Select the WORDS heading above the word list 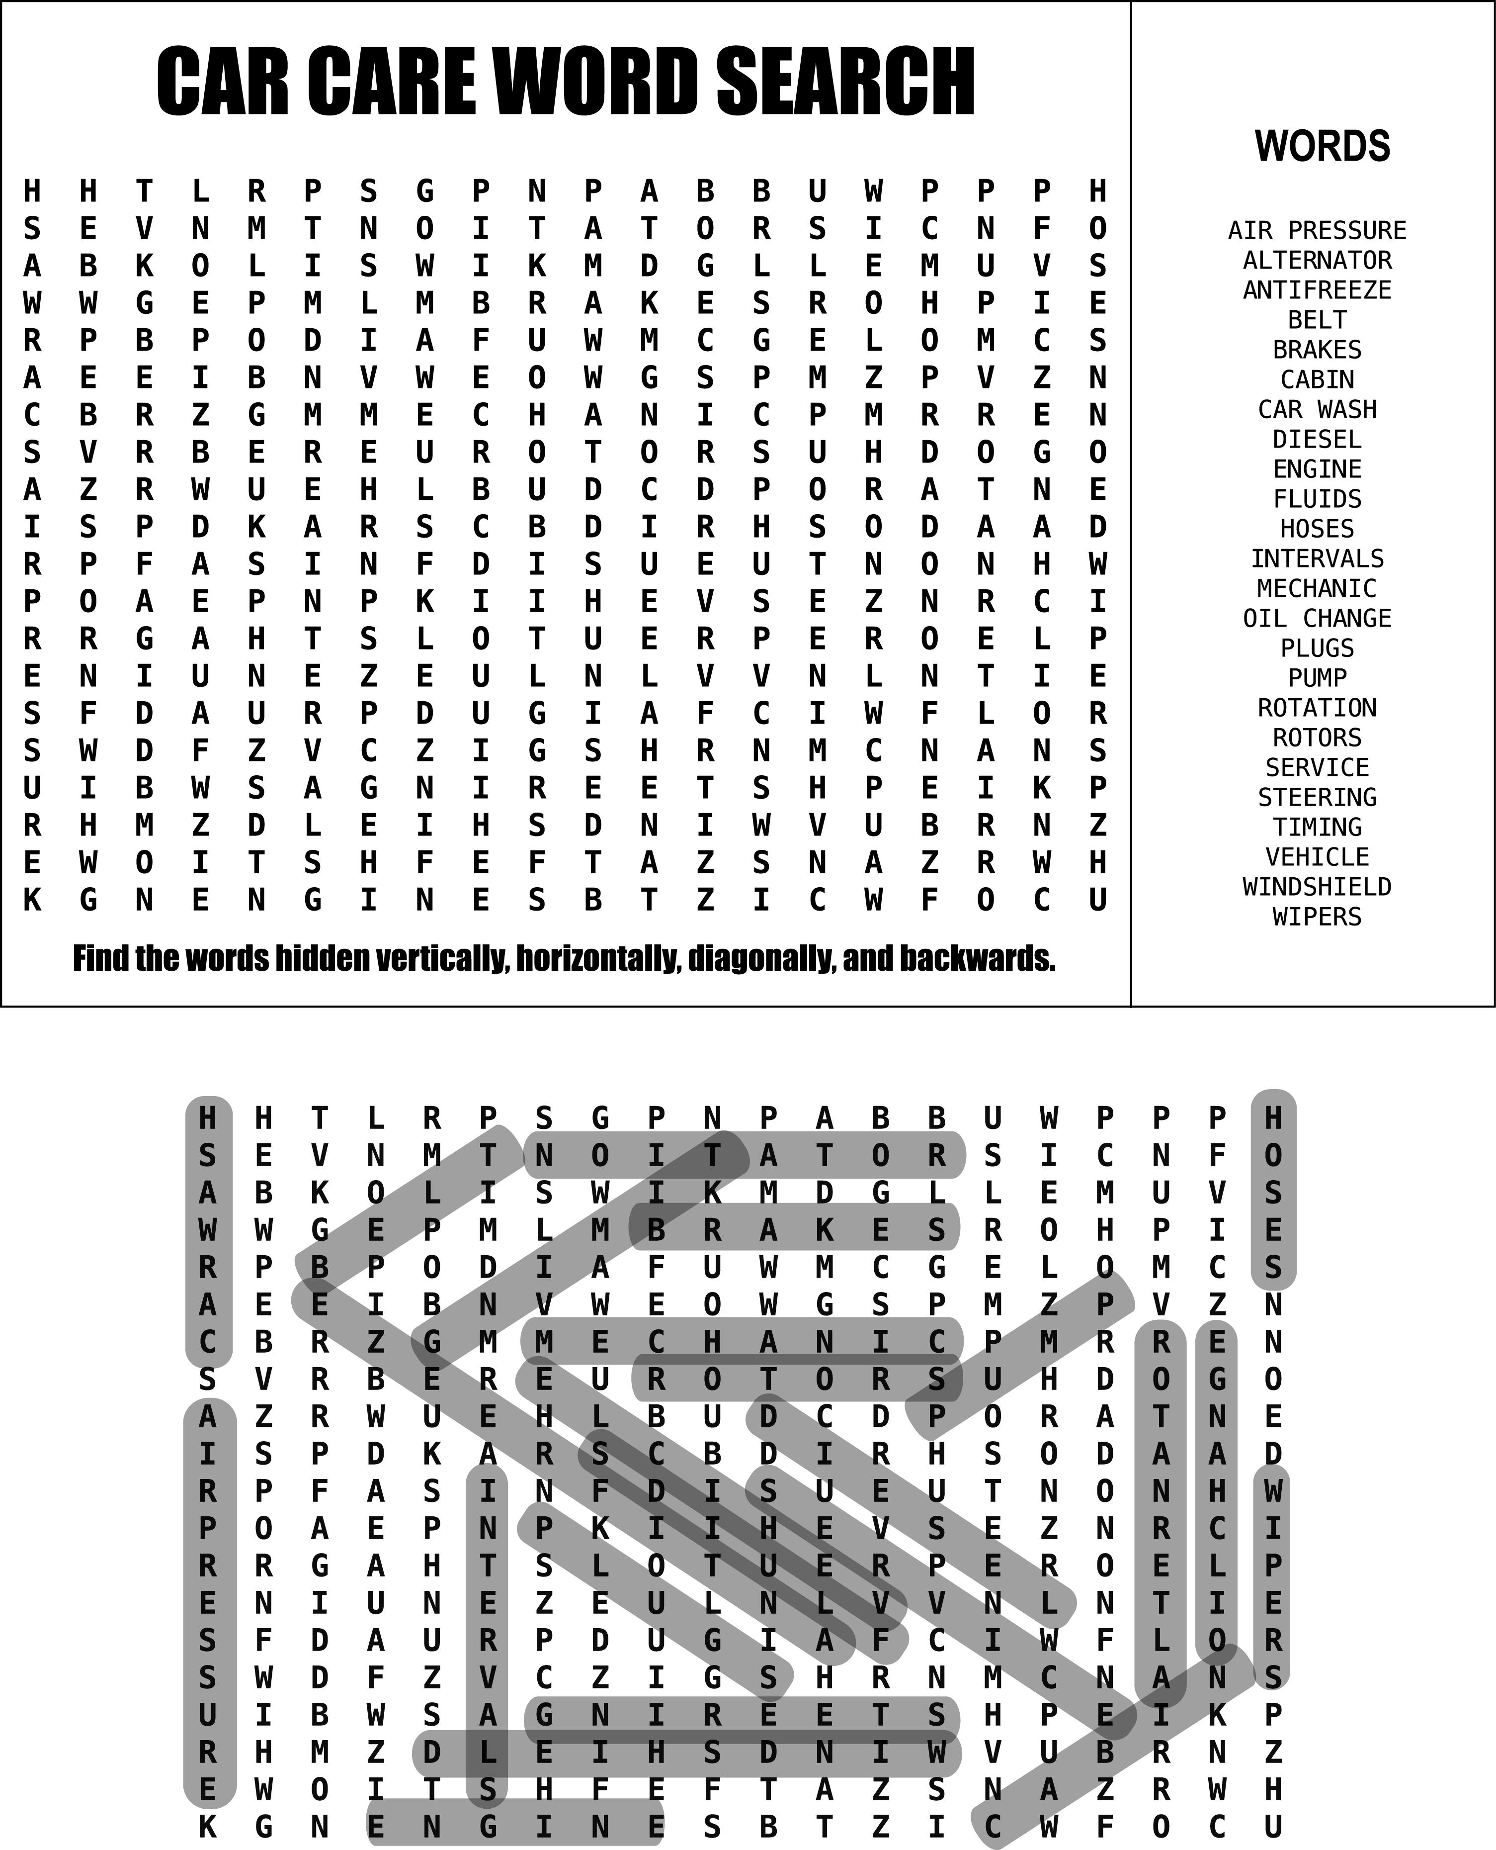[1322, 147]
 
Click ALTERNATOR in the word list [1317, 261]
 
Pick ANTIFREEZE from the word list [1317, 290]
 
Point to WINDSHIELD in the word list [1317, 887]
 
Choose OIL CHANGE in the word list [1317, 619]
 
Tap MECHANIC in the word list [1317, 589]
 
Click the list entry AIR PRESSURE [1317, 231]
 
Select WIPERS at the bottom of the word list [1317, 917]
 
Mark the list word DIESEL [1317, 440]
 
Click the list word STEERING [1317, 797]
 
